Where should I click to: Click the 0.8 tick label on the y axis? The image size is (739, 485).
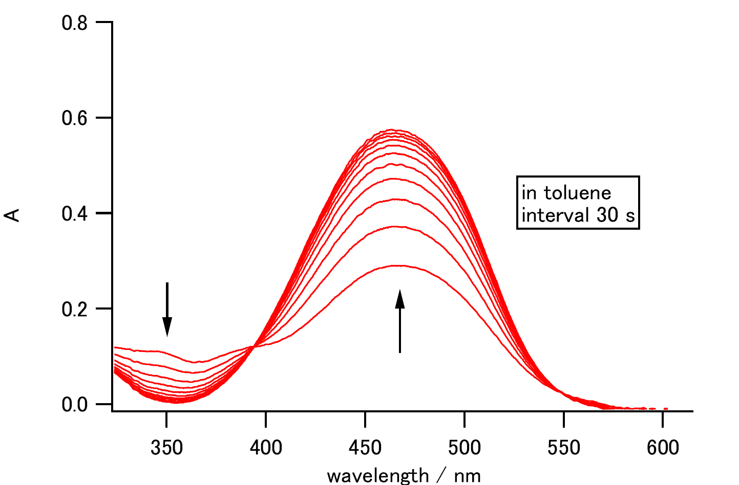click(74, 23)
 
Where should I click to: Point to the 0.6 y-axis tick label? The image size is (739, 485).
click(74, 118)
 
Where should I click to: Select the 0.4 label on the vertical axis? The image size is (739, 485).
click(74, 213)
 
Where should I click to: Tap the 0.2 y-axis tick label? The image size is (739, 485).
click(74, 309)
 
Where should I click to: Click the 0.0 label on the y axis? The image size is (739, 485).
click(74, 405)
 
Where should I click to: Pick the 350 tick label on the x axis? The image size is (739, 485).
click(166, 448)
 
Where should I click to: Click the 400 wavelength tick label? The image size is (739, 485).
click(266, 448)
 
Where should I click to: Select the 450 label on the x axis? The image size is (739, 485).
click(365, 448)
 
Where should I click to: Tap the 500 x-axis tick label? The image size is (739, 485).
click(464, 448)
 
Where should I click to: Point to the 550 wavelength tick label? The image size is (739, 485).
click(564, 448)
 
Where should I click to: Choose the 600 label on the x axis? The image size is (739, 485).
click(663, 448)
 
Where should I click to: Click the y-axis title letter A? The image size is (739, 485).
click(12, 214)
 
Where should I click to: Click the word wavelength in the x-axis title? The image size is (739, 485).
click(377, 476)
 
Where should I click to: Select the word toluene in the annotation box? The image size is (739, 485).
click(577, 193)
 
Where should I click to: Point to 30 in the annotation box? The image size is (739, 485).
click(607, 215)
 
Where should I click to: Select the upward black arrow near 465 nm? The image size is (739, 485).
click(400, 321)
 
